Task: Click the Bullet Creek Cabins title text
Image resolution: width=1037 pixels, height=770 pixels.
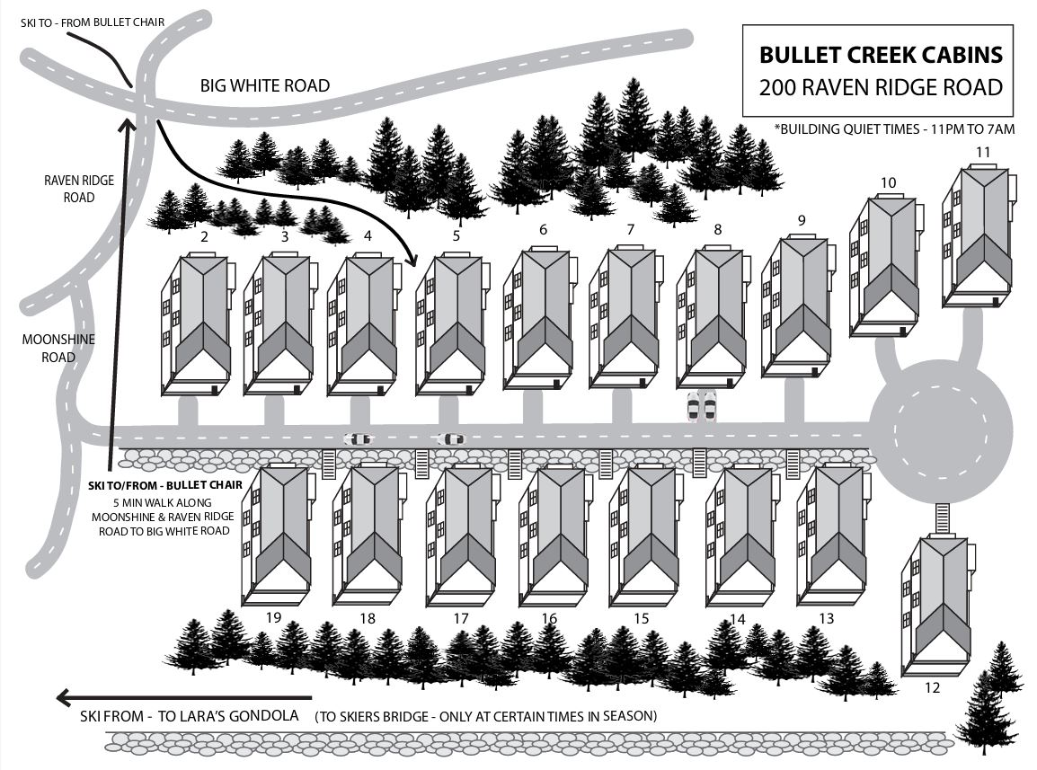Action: coord(881,56)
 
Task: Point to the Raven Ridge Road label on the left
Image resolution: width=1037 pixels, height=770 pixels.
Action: coord(79,188)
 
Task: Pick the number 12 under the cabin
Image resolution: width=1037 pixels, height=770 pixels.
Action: coord(931,688)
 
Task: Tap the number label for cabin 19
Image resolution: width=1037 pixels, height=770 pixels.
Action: coord(274,618)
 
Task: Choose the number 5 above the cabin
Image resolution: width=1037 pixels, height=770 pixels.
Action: coord(456,236)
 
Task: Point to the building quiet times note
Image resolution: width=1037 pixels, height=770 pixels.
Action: coord(894,129)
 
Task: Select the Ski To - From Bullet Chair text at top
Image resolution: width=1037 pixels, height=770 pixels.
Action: coord(93,22)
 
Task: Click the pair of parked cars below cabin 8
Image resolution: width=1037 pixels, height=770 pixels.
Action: coord(702,406)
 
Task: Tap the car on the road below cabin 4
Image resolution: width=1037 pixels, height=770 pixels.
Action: coord(358,439)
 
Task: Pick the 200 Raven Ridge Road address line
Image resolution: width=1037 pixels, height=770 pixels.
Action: coord(881,88)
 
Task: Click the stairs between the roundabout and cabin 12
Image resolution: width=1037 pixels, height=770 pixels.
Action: coord(942,518)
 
